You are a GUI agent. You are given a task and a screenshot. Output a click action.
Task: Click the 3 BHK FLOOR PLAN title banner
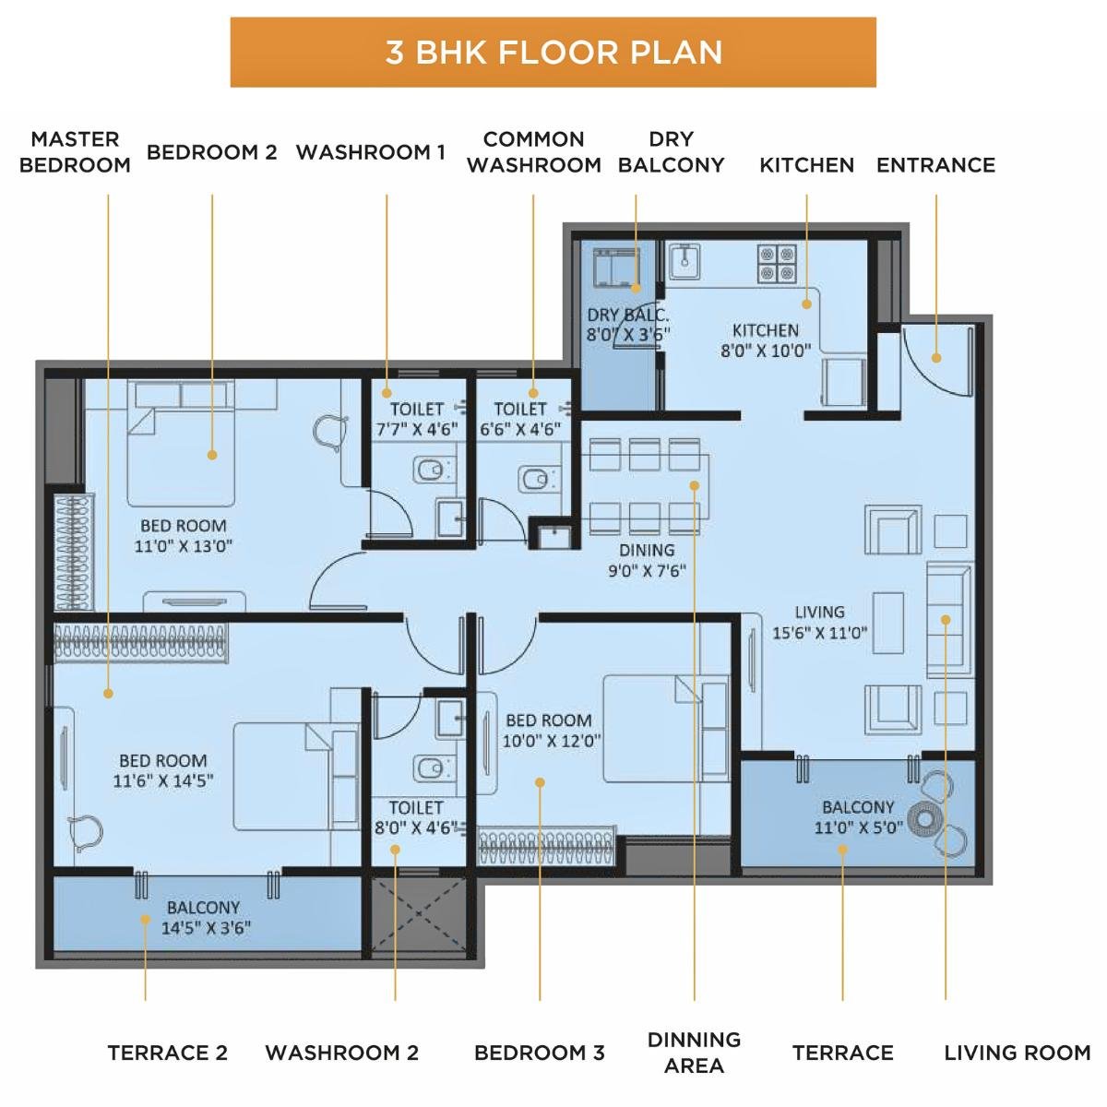(553, 53)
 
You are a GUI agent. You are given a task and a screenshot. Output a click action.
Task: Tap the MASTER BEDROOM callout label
(75, 152)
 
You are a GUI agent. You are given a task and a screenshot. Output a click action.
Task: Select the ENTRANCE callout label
(935, 165)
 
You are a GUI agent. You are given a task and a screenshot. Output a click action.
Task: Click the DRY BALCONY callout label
(671, 152)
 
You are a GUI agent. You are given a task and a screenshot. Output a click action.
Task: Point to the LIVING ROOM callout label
(1017, 1053)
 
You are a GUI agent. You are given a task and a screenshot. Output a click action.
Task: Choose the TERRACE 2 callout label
(167, 1053)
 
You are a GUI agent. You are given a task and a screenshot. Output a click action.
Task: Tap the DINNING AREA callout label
(694, 1053)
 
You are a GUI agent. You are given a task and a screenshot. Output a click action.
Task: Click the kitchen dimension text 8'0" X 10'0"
(765, 351)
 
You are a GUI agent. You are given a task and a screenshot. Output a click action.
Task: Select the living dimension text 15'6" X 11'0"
(819, 633)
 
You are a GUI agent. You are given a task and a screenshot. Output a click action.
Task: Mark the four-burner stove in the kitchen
(777, 263)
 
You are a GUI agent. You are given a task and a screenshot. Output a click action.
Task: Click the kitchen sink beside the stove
(684, 261)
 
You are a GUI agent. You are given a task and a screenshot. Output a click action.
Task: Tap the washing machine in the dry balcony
(615, 268)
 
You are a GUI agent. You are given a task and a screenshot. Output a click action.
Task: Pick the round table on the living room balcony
(923, 818)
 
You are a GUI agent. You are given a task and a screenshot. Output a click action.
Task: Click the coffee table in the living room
(887, 622)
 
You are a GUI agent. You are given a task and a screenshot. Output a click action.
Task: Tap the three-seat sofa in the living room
(948, 618)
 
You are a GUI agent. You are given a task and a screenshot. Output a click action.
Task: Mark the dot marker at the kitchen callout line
(806, 303)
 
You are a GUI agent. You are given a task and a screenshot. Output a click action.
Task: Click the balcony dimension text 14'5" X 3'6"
(206, 928)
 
